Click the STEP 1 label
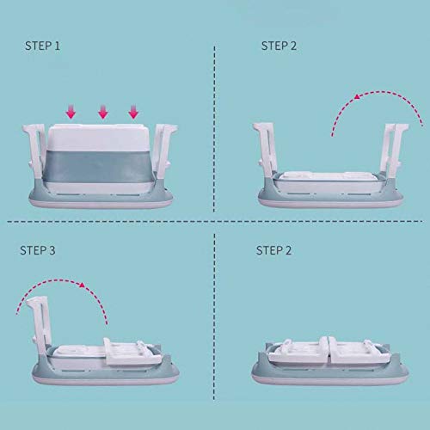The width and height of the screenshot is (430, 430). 42,46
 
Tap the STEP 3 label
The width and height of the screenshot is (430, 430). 38,250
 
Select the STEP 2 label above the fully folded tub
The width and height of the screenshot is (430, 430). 273,250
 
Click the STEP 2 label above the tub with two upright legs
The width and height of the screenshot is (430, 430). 279,46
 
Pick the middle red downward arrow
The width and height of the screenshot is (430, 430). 103,112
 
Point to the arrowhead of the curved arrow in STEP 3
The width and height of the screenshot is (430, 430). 83,285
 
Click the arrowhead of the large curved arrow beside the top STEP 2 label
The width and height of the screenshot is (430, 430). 357,97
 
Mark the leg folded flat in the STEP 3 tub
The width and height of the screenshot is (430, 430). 131,350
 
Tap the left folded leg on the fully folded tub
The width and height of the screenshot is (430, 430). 299,350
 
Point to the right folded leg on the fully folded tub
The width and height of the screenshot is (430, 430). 359,350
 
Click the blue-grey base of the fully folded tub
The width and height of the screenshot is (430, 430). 329,372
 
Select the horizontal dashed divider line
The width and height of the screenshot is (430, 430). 215,221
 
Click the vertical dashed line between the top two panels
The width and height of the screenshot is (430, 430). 214,129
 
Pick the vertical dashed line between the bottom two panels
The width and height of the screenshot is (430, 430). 214,316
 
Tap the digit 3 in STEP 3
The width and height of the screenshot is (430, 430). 52,250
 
